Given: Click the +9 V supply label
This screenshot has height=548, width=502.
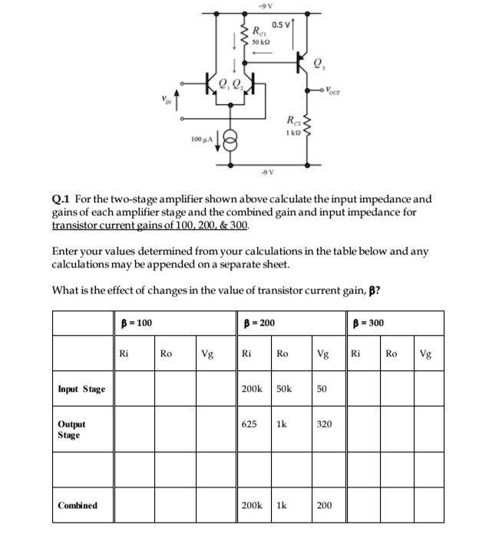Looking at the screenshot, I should (x=262, y=7).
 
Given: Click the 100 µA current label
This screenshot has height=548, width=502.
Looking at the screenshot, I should (x=201, y=139).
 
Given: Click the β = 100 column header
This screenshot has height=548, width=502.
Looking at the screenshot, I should (x=137, y=323).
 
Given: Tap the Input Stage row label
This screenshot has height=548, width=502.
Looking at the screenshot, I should (x=81, y=389).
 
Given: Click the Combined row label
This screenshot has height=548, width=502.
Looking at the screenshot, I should (x=78, y=505).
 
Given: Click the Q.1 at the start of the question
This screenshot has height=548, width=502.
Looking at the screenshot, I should (x=62, y=198).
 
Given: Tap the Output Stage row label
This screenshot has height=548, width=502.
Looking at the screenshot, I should (x=72, y=429).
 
